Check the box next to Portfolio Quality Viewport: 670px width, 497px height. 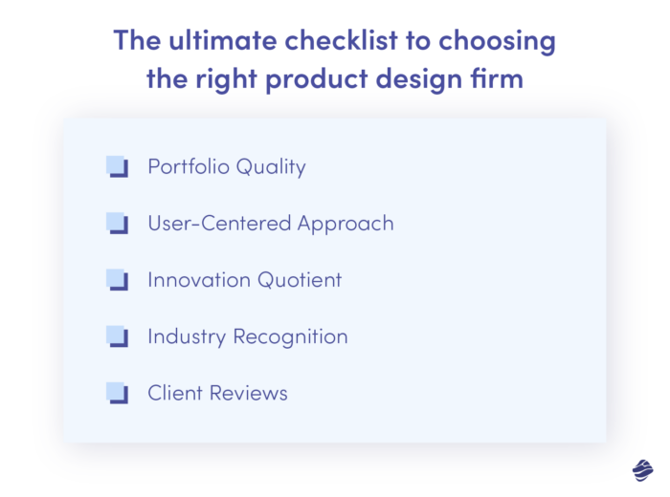coord(117,167)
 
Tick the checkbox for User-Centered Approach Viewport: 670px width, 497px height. coord(117,224)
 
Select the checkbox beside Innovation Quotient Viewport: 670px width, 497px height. coord(117,280)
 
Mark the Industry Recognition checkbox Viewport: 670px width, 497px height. coord(117,336)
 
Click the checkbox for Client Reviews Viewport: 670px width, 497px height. coord(117,393)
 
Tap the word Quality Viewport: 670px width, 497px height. coord(270,168)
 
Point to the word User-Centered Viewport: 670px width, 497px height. coord(219,224)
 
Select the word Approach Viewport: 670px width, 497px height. coord(346,225)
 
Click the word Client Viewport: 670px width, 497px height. coord(174,393)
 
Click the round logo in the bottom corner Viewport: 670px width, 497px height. coord(641,468)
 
